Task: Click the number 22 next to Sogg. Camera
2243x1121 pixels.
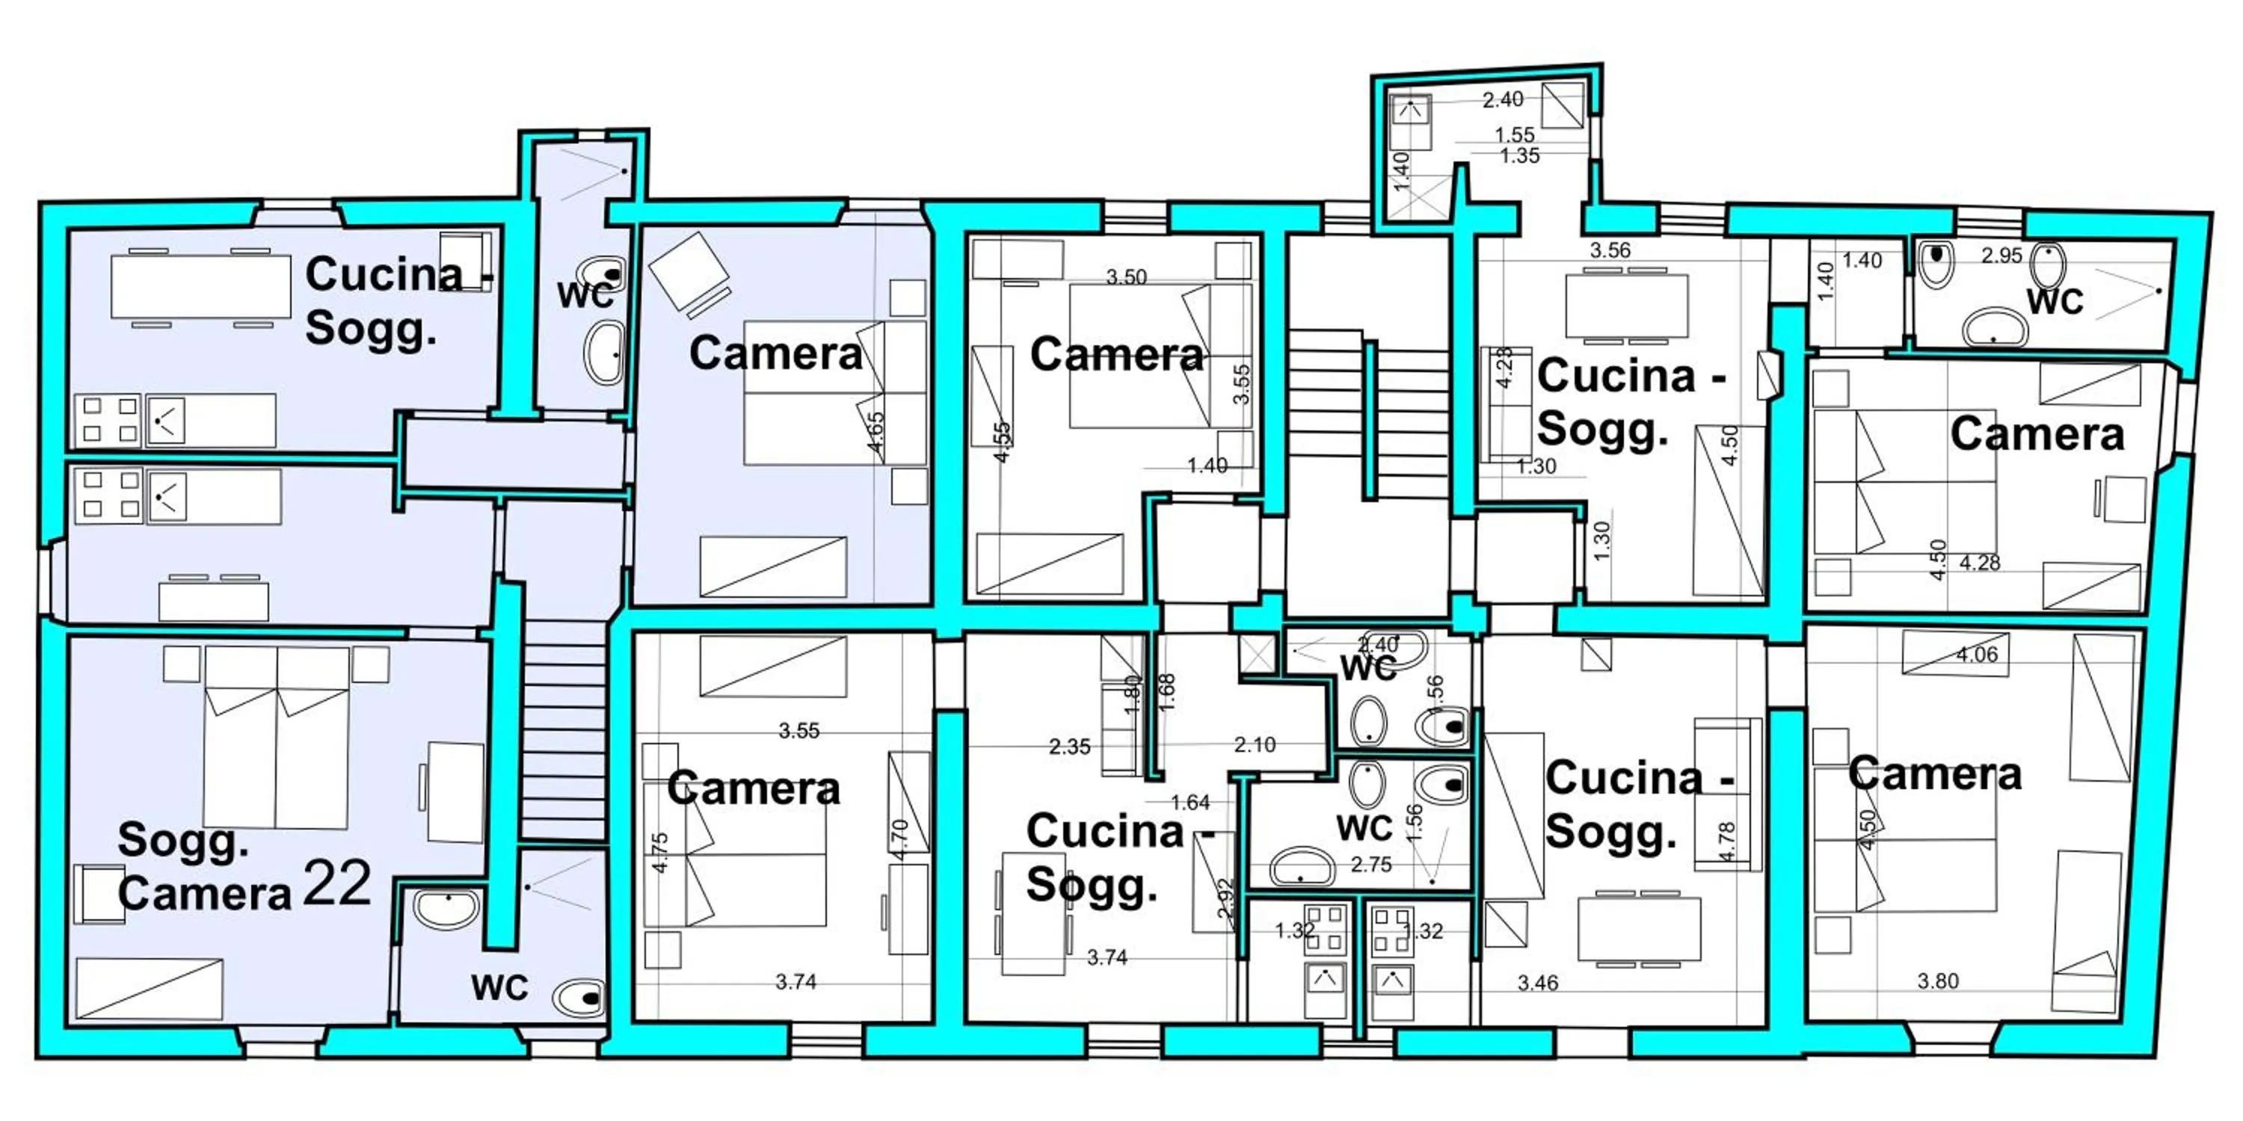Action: (338, 884)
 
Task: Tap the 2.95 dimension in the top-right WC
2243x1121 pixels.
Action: (2001, 256)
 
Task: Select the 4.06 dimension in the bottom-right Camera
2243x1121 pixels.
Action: (1977, 655)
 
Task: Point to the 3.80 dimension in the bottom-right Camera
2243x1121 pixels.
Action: (1938, 981)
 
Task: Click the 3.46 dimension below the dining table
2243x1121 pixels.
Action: (1538, 983)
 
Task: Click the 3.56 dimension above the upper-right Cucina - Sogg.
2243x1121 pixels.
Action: (1610, 250)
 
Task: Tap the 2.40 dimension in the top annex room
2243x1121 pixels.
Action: (1503, 100)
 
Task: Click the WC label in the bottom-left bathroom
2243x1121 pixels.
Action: (499, 988)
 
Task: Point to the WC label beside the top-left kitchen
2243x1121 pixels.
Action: (585, 296)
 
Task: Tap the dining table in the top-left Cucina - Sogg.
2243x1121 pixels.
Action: (200, 287)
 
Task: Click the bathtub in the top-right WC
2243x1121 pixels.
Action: (1995, 327)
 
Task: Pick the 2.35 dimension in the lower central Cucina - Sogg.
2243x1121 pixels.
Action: (1069, 747)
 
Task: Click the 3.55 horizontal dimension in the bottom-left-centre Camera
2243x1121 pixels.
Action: (799, 731)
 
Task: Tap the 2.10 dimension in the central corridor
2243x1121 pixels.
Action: (1254, 745)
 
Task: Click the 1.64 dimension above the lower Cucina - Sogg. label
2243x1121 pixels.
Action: (1190, 803)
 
